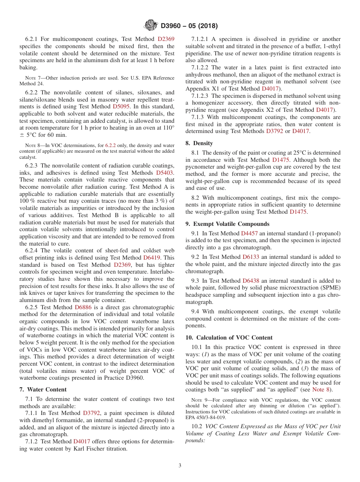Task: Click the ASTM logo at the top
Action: [x=151, y=26]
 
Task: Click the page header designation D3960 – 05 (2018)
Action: [x=189, y=26]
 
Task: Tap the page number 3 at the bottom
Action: [x=180, y=465]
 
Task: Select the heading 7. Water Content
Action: [x=43, y=390]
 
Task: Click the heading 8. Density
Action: [x=199, y=143]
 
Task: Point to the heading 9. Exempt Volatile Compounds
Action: [x=227, y=224]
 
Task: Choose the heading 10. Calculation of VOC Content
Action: [x=229, y=338]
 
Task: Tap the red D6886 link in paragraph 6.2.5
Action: [x=83, y=307]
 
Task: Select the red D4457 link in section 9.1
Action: [x=249, y=233]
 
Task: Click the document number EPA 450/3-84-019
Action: [x=205, y=417]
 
